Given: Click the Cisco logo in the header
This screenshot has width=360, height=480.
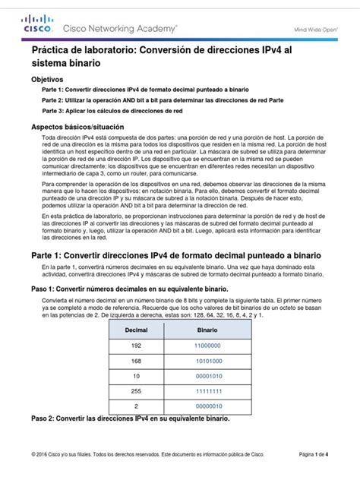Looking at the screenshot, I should (x=37, y=27).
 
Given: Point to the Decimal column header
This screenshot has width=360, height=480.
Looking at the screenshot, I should (x=137, y=331).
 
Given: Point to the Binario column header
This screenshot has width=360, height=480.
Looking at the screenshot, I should (x=208, y=331).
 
